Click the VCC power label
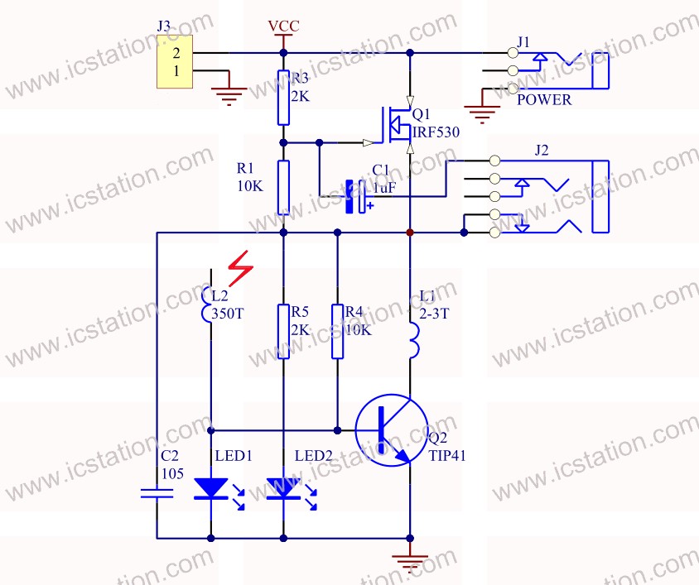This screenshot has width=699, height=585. [283, 26]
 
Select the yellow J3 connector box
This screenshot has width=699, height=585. [175, 61]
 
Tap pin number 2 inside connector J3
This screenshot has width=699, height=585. [176, 53]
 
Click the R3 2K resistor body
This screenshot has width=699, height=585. [283, 98]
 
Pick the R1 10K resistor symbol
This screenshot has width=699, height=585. [283, 188]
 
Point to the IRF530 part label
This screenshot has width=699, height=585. [436, 132]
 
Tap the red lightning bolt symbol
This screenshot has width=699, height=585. [241, 268]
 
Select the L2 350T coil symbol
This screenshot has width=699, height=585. [206, 304]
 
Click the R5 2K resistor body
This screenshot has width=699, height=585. [283, 331]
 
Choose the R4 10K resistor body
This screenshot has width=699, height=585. [337, 331]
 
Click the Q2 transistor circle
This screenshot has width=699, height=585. [392, 430]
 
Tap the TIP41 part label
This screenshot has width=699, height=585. [447, 456]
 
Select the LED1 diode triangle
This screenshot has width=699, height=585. [211, 488]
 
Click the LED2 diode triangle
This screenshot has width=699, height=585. [283, 488]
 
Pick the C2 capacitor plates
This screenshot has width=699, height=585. [157, 493]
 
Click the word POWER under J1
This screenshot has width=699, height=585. [544, 100]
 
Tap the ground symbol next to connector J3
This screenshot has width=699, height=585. [229, 96]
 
